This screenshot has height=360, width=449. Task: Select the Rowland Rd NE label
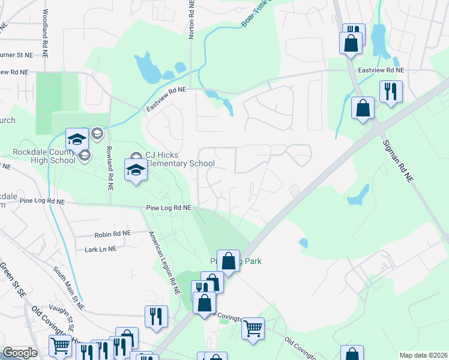pos(110,169)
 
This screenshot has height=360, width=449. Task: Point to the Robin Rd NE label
pos(112,233)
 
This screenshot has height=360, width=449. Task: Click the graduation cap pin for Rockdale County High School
pos(77,140)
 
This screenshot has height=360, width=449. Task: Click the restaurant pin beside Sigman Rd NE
pos(391,92)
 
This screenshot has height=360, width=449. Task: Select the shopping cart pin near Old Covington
pos(253,328)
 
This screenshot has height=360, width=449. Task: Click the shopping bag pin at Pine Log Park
pos(228,261)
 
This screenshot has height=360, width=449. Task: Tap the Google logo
pos(20,353)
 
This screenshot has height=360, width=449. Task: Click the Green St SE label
pos(10,277)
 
